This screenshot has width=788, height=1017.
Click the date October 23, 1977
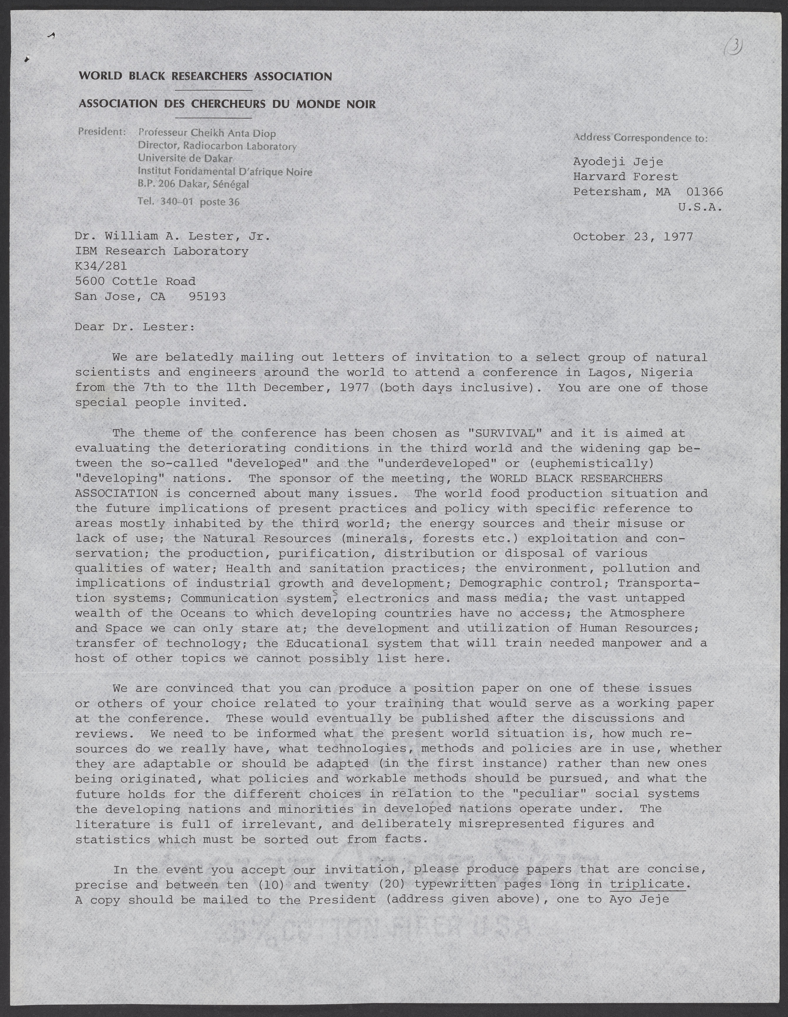(633, 237)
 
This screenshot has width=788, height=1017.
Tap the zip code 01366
(705, 192)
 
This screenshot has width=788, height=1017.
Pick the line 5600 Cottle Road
(135, 281)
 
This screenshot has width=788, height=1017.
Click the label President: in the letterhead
(102, 132)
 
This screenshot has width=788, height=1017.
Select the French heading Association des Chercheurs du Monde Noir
(227, 104)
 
